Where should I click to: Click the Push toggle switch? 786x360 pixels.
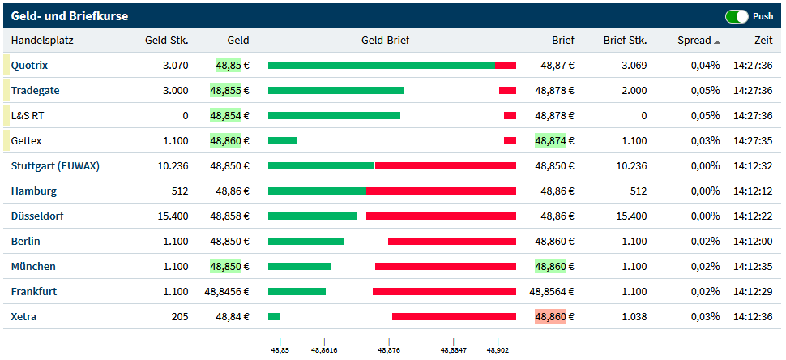[737, 16]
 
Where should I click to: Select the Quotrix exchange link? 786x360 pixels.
[29, 66]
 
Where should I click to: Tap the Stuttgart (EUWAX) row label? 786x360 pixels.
[55, 166]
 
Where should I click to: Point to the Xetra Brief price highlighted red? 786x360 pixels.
[554, 317]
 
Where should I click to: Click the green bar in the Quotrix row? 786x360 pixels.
[381, 66]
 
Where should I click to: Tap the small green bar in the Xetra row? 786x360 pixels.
[274, 317]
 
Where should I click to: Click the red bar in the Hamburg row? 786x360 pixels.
[441, 191]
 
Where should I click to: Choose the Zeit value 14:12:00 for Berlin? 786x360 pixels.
[753, 242]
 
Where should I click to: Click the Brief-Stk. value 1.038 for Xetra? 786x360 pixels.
[634, 317]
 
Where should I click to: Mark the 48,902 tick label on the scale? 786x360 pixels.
[498, 351]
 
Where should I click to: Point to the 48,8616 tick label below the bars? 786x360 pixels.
[324, 351]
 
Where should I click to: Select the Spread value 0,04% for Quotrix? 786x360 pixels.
[705, 66]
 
